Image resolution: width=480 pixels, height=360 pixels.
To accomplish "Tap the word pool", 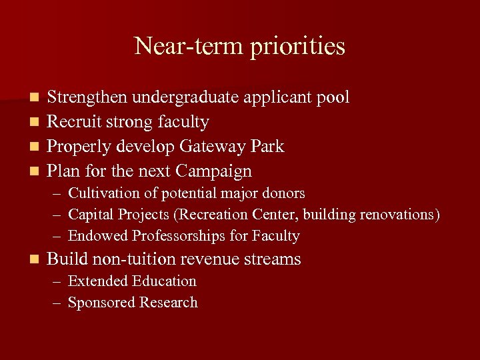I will click(x=333, y=97).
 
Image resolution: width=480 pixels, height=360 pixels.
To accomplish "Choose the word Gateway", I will click(x=210, y=147).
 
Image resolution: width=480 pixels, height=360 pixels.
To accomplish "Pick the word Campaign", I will click(x=215, y=171).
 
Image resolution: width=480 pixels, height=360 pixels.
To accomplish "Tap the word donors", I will click(x=283, y=194).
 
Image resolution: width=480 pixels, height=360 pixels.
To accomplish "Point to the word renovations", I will click(x=399, y=215).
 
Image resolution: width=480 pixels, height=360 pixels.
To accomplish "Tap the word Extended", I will click(x=98, y=281).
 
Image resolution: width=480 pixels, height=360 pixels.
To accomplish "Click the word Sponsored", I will click(x=101, y=303).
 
